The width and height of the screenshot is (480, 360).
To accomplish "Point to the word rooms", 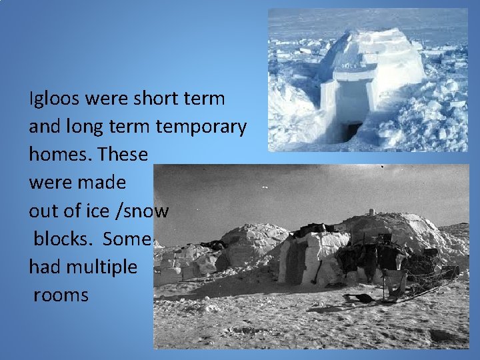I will click(61, 295).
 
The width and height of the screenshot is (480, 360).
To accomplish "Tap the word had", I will click(44, 267).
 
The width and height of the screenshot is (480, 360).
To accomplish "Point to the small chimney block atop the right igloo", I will click(372, 212).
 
